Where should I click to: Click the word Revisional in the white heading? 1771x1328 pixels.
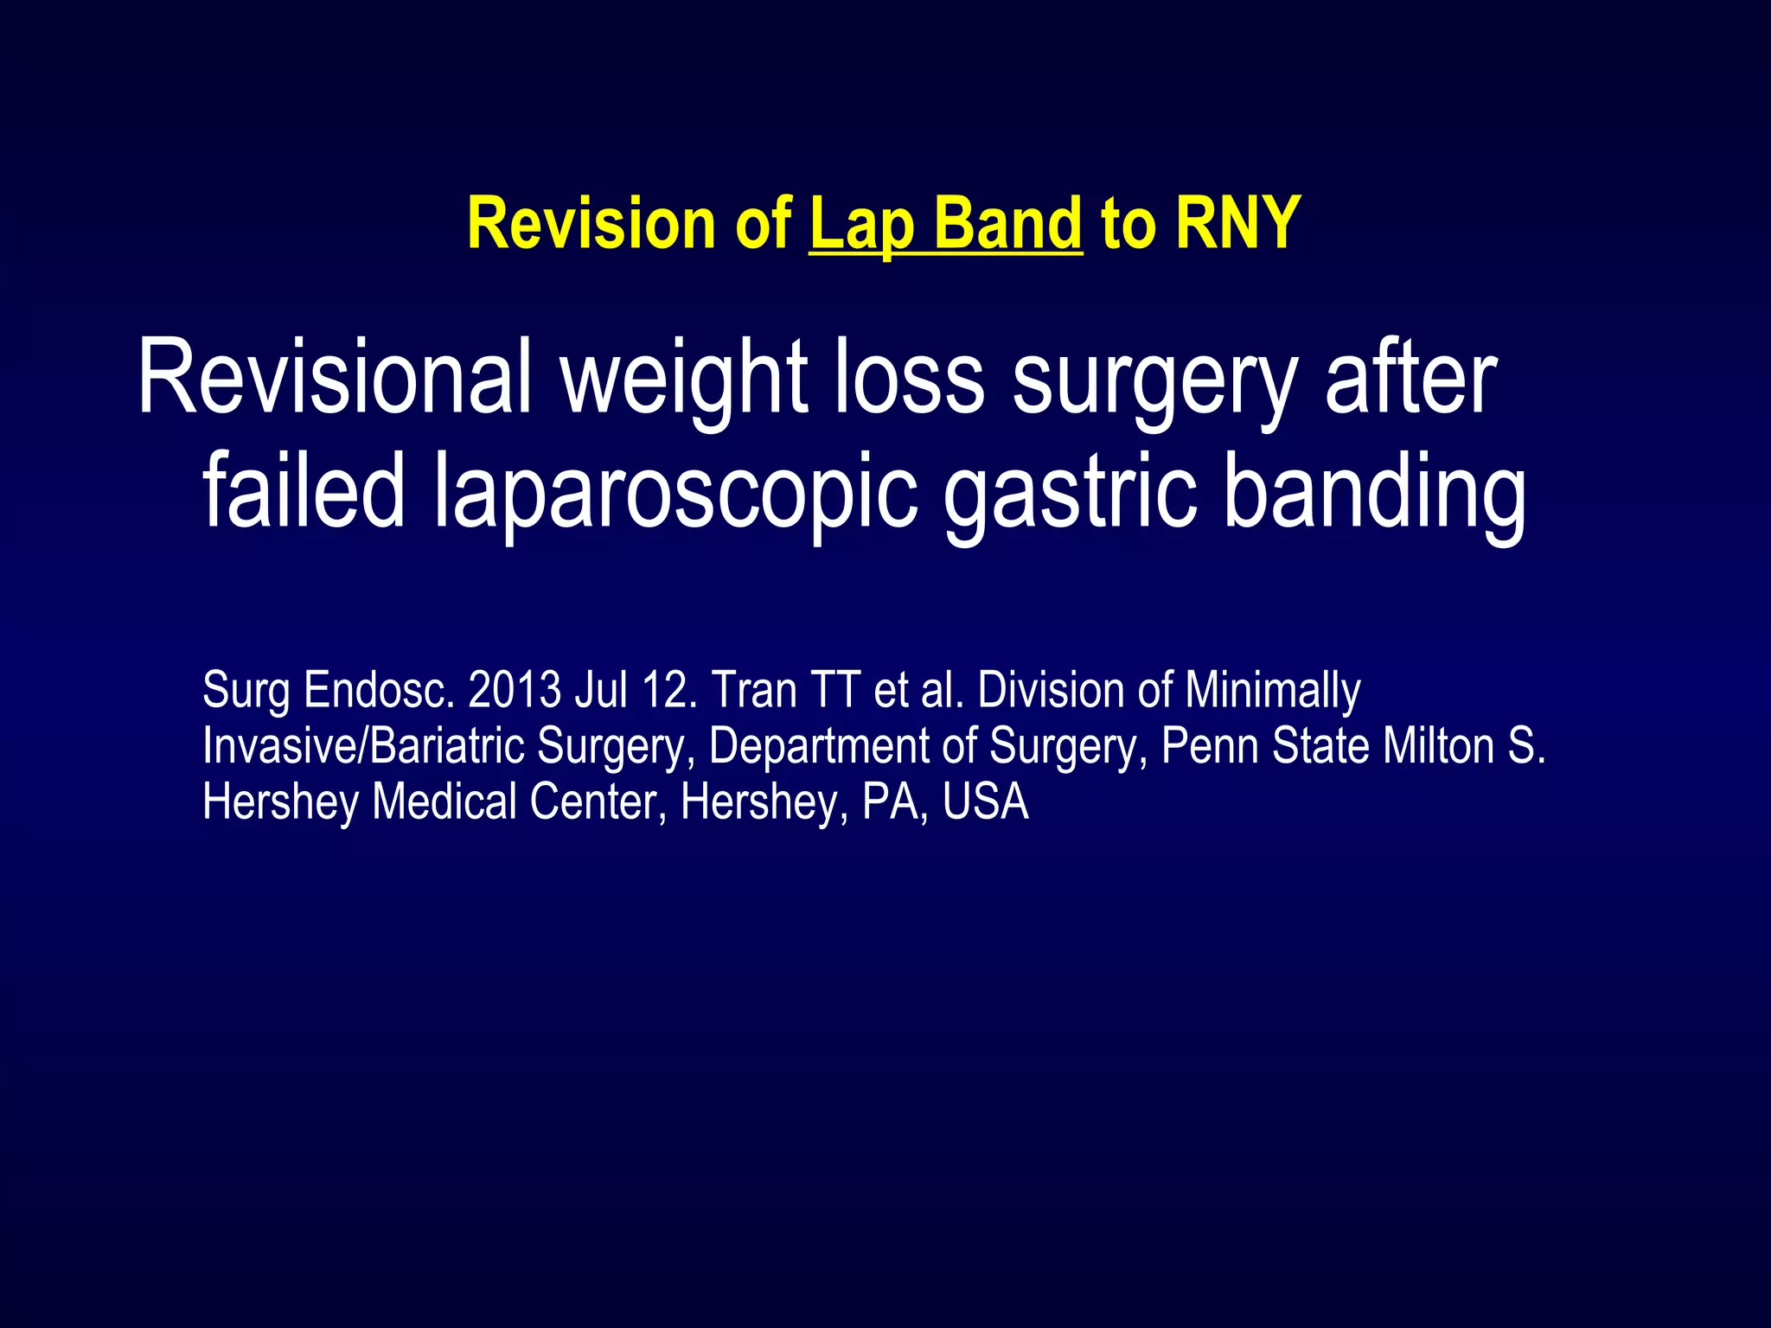[x=334, y=379]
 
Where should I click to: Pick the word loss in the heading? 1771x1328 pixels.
[x=909, y=379]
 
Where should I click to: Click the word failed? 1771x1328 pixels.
[x=303, y=491]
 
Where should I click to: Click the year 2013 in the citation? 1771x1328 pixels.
[x=515, y=691]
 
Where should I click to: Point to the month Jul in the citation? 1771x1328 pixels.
[x=600, y=691]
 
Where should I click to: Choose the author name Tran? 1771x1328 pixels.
[x=754, y=691]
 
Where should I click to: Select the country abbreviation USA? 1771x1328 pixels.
[x=986, y=801]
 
